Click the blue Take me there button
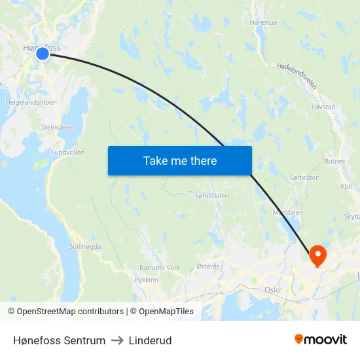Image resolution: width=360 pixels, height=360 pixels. (179, 160)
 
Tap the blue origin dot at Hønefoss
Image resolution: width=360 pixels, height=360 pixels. (43, 54)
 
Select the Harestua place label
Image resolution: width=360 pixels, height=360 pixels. (263, 22)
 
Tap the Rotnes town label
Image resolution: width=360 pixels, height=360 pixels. (334, 160)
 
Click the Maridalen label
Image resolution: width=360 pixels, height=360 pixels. (287, 213)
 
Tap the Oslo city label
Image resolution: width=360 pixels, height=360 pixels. (272, 289)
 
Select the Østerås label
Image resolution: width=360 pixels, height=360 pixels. (208, 266)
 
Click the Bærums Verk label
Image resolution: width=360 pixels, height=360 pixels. (160, 268)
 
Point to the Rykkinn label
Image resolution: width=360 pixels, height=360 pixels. (147, 279)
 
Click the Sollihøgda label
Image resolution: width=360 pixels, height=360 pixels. (85, 246)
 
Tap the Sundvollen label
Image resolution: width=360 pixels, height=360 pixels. (68, 152)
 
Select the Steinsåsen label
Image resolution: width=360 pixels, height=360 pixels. (58, 127)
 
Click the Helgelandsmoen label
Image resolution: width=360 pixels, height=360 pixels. (31, 102)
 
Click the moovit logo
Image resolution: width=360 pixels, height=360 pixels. (320, 339)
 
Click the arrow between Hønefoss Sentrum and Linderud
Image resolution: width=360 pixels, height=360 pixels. (117, 340)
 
